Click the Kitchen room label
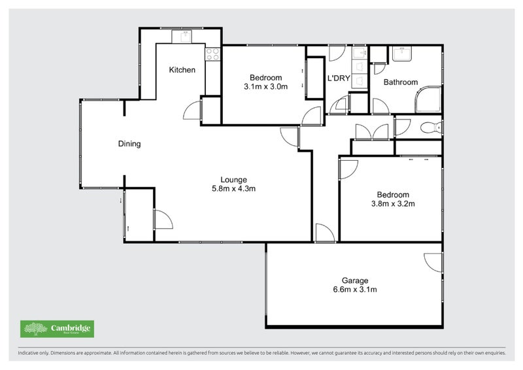click(x=182, y=70)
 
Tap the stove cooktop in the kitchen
click(x=213, y=54)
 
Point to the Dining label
click(x=129, y=144)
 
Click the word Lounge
click(x=233, y=180)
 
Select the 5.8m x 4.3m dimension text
click(x=233, y=189)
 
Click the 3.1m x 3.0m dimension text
click(x=265, y=86)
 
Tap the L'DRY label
click(x=339, y=78)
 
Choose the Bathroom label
click(x=400, y=82)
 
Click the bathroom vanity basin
click(x=402, y=54)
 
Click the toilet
click(x=431, y=127)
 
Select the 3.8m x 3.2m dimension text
click(x=393, y=203)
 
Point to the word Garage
click(x=355, y=280)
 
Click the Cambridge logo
click(x=56, y=329)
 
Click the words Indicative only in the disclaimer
click(x=35, y=353)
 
